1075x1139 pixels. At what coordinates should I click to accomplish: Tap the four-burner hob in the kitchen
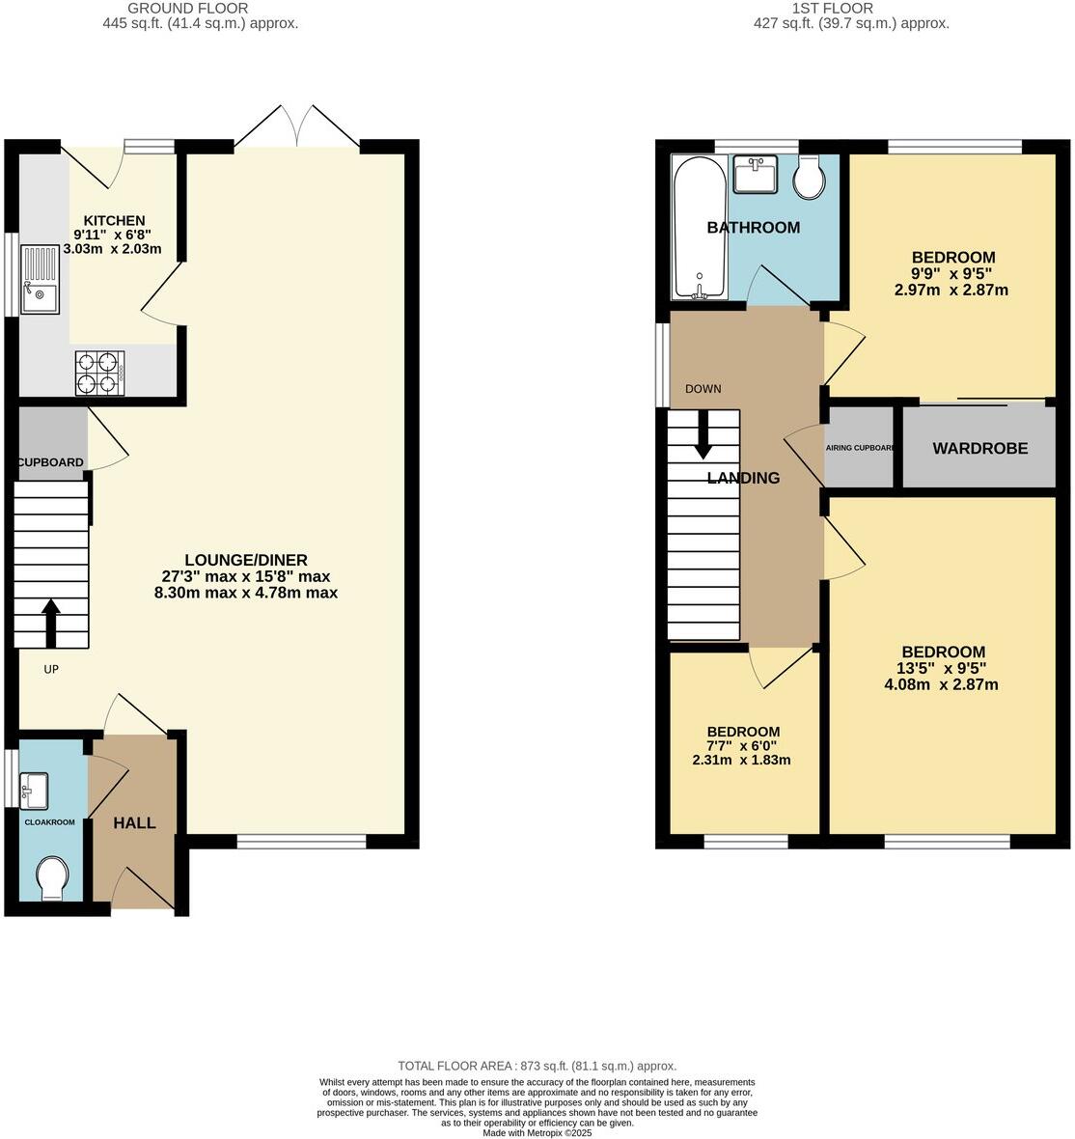[x=100, y=373]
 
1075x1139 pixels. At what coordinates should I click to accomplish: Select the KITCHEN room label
[x=114, y=220]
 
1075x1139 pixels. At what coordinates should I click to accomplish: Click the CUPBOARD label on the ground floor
[x=51, y=462]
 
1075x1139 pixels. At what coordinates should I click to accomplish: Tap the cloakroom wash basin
[x=34, y=791]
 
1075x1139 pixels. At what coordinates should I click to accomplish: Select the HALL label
[x=134, y=823]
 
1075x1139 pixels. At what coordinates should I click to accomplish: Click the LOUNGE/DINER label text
[x=246, y=560]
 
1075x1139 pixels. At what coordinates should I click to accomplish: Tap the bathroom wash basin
[x=756, y=175]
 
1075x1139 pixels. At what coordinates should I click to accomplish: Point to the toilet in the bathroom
[x=809, y=178]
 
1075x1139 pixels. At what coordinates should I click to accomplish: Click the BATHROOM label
[x=753, y=228]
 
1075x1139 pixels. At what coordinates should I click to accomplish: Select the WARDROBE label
[x=979, y=448]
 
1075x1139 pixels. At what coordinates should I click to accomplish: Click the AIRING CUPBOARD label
[x=860, y=448]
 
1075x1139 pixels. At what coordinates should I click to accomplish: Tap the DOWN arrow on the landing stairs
[x=703, y=434]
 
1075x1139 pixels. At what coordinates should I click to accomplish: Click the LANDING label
[x=743, y=478]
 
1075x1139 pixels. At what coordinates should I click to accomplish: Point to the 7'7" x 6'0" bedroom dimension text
[x=741, y=745]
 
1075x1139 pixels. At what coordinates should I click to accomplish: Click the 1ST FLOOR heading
[x=833, y=8]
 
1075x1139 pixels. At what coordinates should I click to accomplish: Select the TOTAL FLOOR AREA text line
[x=537, y=1066]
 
